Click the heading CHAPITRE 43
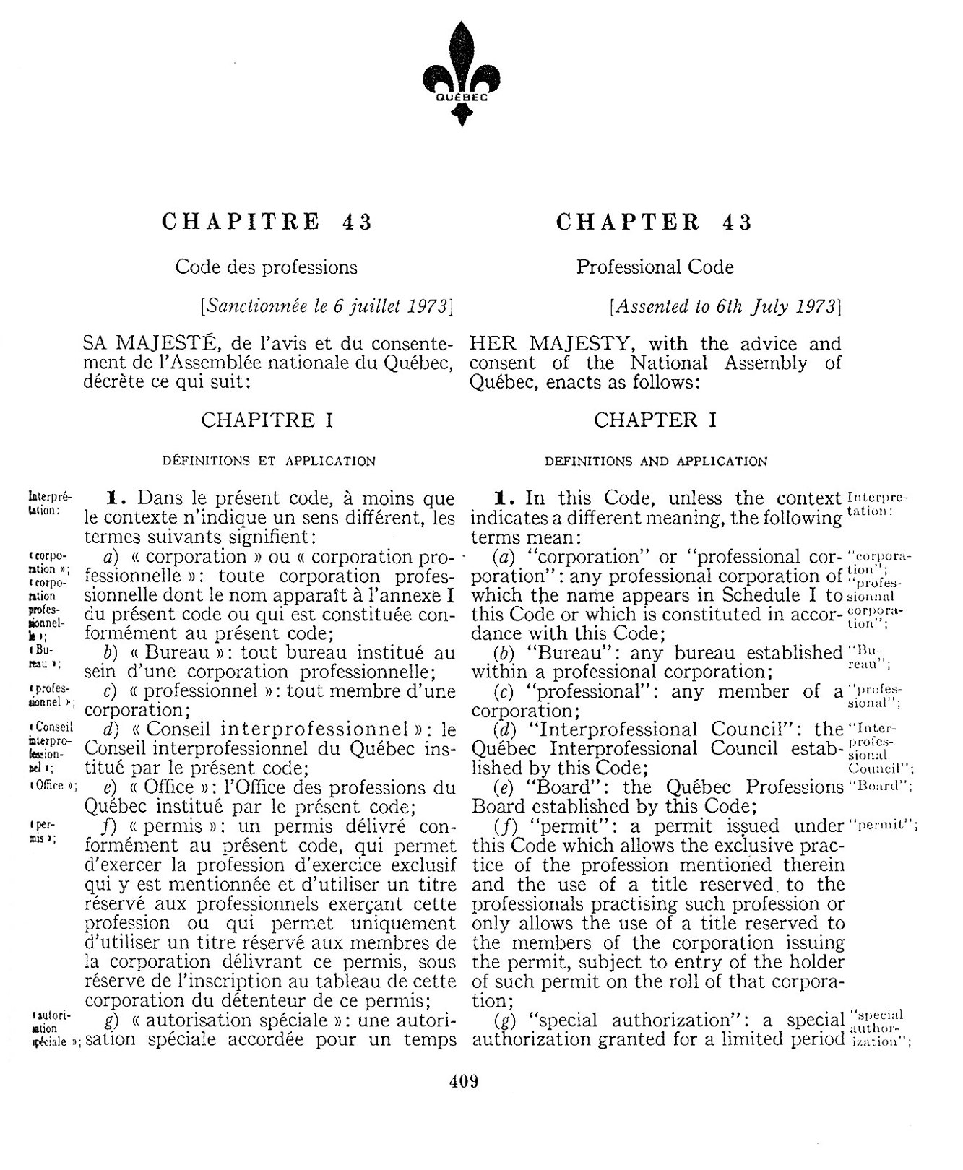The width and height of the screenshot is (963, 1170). (267, 221)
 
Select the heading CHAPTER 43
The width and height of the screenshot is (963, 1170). (654, 221)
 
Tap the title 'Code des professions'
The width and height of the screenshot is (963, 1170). (266, 267)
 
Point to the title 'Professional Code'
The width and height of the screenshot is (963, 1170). (655, 267)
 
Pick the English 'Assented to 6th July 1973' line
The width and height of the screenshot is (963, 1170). (725, 305)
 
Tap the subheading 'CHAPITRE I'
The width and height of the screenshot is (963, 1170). (267, 420)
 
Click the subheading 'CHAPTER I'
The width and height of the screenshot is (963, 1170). (655, 420)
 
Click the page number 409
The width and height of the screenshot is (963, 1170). (463, 1082)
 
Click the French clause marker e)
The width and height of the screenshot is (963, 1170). (111, 787)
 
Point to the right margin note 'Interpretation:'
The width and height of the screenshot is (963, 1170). (876, 506)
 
